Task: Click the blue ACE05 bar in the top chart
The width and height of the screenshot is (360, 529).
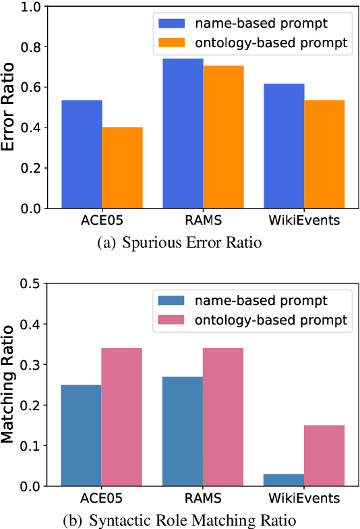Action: click(x=82, y=155)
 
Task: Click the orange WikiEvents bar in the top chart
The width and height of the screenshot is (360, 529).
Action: click(x=324, y=155)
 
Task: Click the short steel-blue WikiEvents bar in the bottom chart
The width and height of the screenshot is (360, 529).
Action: click(x=284, y=480)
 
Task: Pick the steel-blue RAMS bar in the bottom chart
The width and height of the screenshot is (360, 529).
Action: click(x=183, y=431)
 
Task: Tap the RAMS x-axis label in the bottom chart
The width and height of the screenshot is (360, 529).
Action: click(x=202, y=501)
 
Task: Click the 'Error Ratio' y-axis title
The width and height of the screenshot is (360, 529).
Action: click(x=9, y=108)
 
